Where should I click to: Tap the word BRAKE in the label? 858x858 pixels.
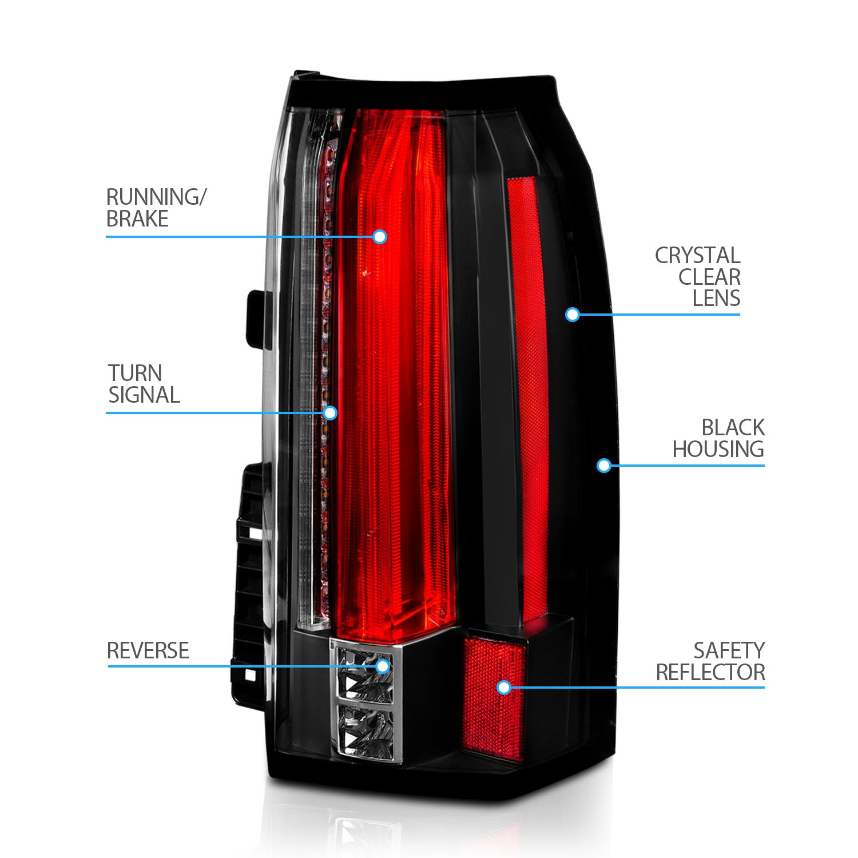[137, 219]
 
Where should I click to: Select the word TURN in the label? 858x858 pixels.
[135, 374]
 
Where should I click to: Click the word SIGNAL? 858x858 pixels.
[144, 395]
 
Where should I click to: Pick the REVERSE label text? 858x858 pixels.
[148, 651]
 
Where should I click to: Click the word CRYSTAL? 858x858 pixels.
[697, 256]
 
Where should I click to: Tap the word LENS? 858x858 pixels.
[716, 299]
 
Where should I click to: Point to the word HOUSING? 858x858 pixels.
[718, 450]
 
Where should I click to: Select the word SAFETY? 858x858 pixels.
[729, 651]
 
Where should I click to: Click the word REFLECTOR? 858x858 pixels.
[710, 673]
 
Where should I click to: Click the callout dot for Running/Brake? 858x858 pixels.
[380, 237]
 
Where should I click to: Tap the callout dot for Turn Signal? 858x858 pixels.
[330, 413]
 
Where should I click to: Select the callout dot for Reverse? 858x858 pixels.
[383, 666]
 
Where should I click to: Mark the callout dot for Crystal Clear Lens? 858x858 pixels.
[572, 314]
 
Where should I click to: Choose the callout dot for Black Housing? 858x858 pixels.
[603, 466]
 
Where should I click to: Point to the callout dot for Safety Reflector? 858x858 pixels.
[503, 687]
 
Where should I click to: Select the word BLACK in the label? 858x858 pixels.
[733, 428]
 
